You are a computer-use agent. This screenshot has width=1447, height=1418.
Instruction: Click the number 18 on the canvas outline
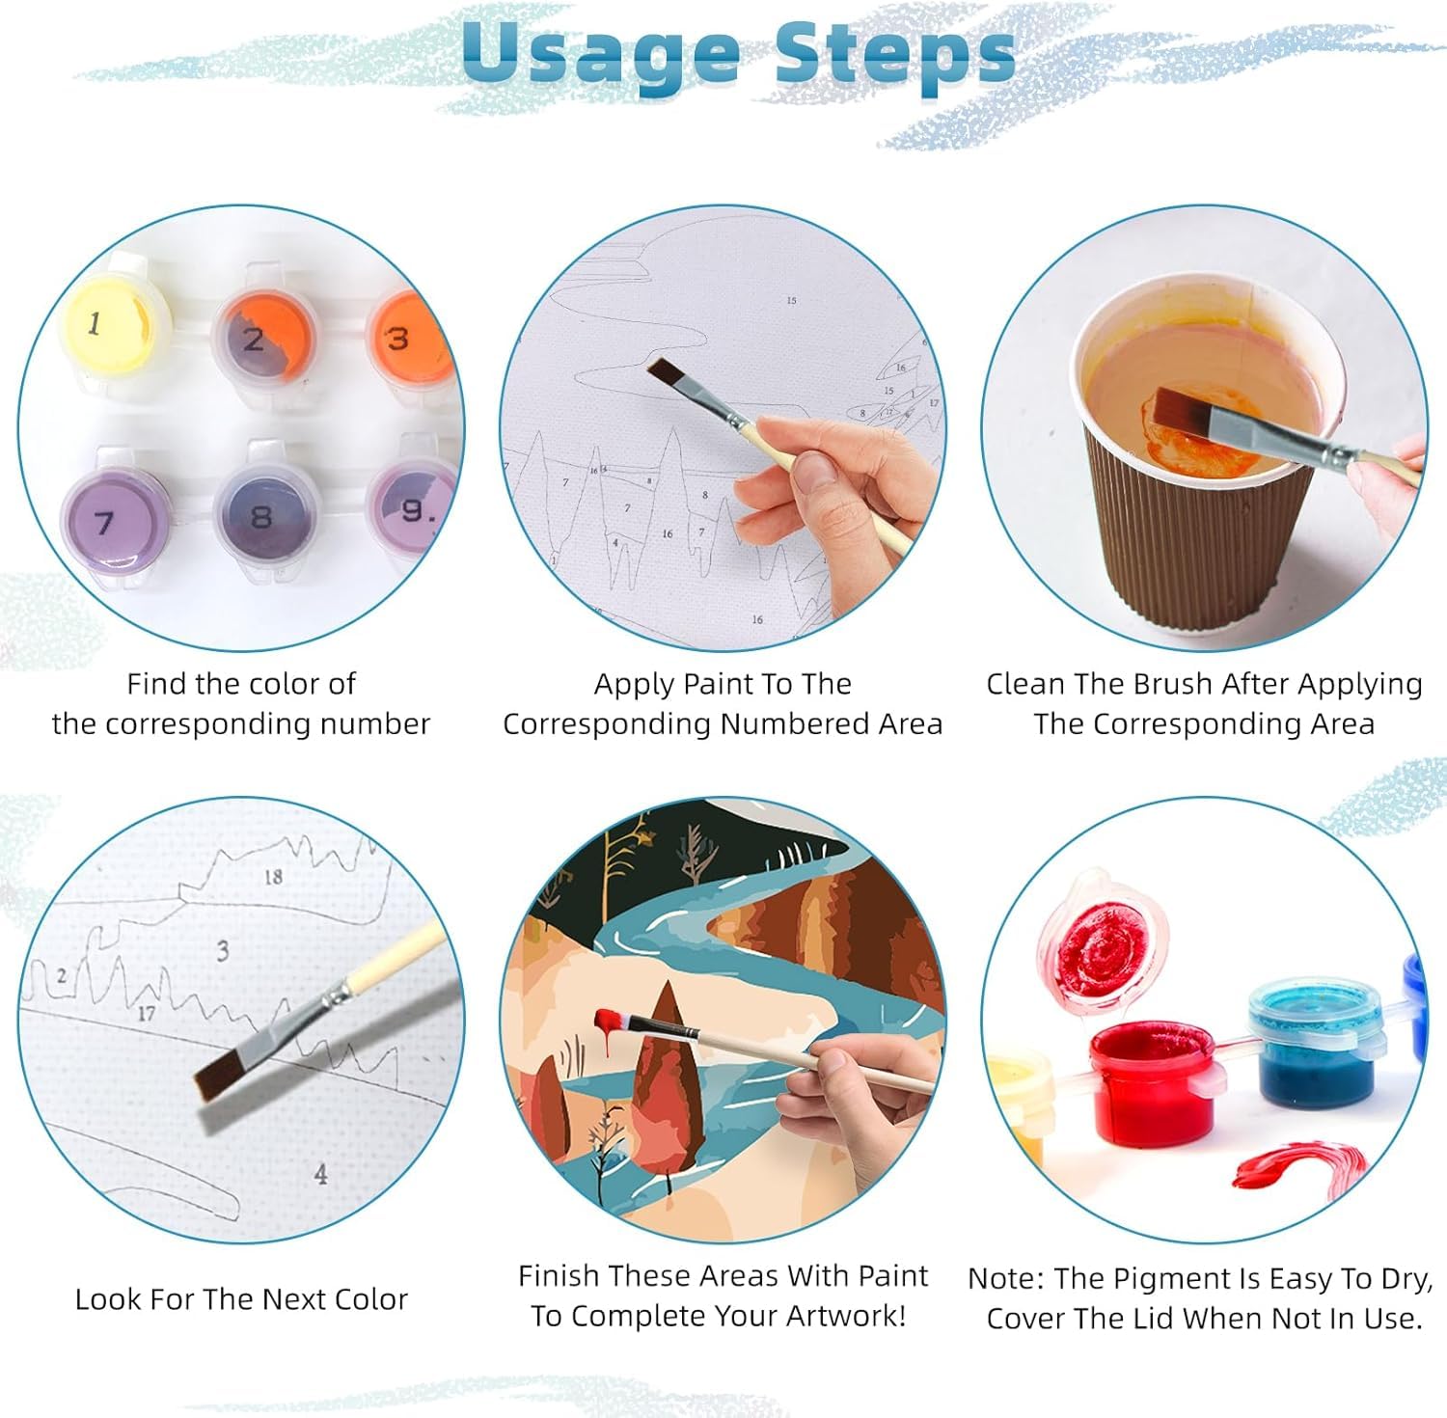[x=273, y=876]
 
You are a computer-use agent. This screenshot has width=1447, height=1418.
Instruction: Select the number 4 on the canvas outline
[x=320, y=1173]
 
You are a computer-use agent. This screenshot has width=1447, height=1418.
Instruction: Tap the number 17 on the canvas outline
[x=146, y=1013]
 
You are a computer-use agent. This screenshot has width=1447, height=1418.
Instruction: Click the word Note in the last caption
[x=1002, y=1279]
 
